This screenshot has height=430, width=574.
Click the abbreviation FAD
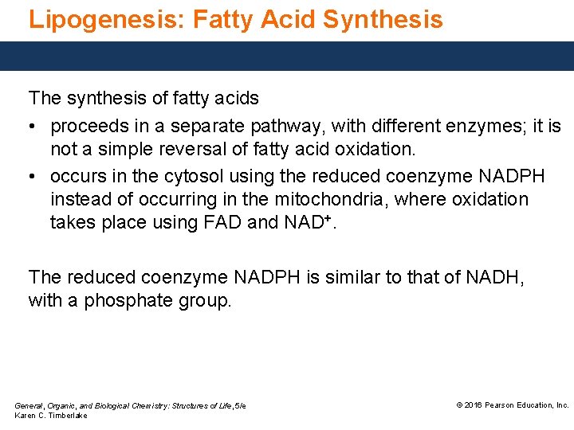(221, 224)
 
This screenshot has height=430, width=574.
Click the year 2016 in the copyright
(474, 405)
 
